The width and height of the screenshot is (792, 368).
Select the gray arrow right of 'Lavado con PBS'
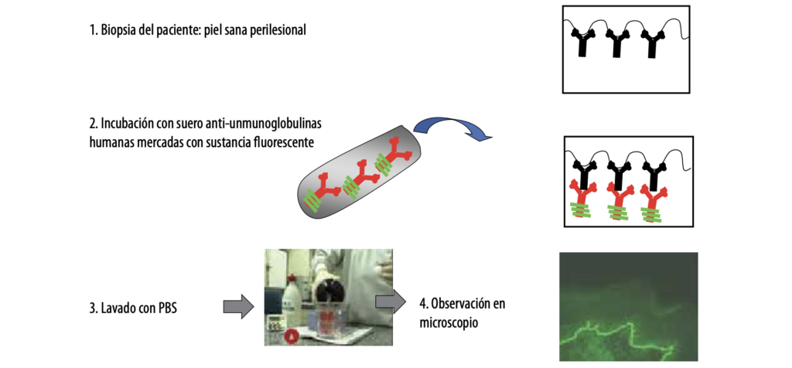click(x=238, y=305)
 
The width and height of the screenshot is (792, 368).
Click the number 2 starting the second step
click(x=92, y=124)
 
